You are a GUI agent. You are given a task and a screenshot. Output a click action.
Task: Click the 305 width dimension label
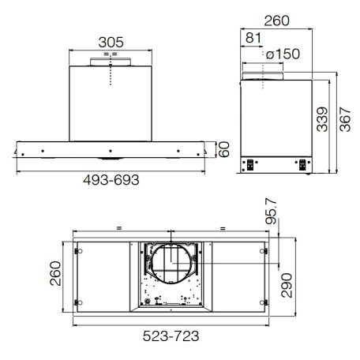(x=111, y=41)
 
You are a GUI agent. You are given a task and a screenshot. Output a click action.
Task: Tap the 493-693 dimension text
(x=110, y=180)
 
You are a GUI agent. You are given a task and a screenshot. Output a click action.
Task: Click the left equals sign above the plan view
(x=118, y=228)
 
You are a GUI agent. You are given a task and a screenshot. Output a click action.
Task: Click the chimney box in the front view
(x=111, y=103)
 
